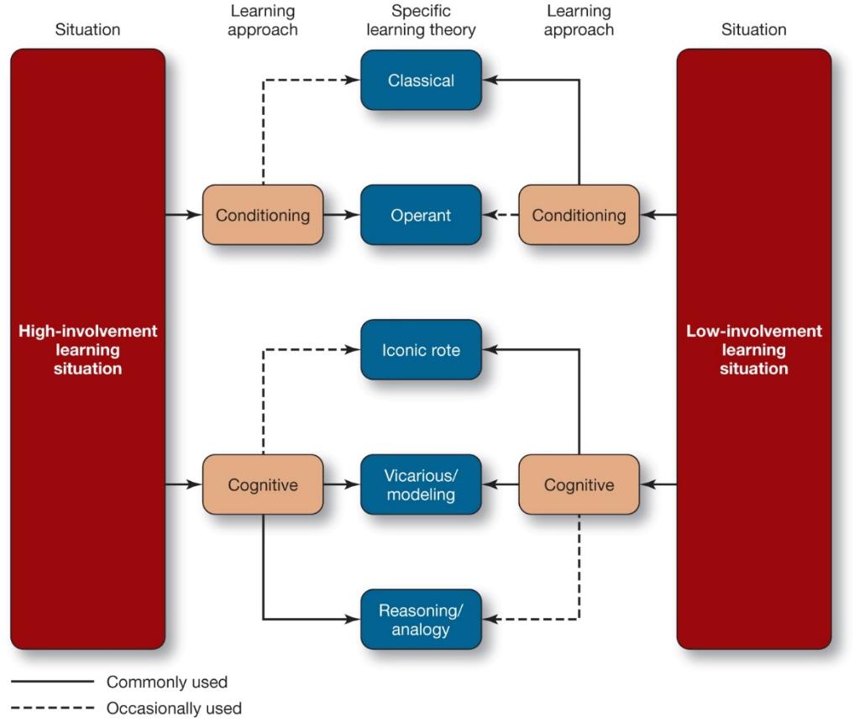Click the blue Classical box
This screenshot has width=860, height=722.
click(421, 81)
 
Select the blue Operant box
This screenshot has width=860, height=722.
click(421, 215)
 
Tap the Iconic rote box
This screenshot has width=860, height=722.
click(421, 349)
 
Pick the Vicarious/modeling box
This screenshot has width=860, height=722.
click(421, 484)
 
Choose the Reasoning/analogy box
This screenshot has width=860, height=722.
click(421, 620)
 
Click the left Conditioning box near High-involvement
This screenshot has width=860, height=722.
click(263, 215)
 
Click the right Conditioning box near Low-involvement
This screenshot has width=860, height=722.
click(579, 215)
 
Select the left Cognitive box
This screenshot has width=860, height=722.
click(263, 484)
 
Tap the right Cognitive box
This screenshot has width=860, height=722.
click(579, 484)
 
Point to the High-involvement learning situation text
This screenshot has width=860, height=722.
click(87, 349)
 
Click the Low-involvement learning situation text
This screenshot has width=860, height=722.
click(753, 349)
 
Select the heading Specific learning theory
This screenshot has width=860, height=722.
click(421, 21)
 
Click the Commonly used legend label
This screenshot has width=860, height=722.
click(166, 683)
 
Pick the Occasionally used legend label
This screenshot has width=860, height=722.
click(174, 709)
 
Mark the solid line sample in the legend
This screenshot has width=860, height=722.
click(52, 683)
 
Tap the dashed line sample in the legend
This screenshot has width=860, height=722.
click(52, 709)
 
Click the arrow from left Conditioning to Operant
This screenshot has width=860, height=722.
click(342, 215)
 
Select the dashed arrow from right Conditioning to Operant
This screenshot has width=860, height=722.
click(501, 215)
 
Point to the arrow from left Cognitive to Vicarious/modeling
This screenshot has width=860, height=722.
click(342, 484)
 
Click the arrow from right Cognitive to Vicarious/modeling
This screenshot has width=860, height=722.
click(501, 484)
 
